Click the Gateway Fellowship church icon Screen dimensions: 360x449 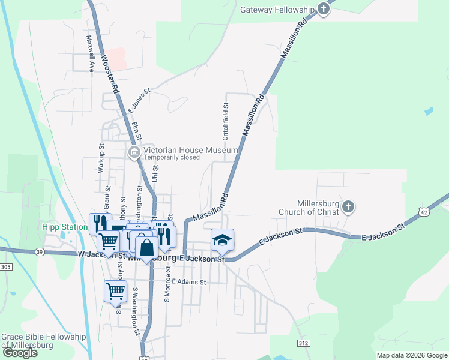click(324, 10)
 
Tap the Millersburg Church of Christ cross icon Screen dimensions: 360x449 click(348, 208)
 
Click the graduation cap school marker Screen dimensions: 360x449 click(222, 240)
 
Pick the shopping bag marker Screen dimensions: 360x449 click(146, 247)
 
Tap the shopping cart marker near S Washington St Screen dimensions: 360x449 click(115, 292)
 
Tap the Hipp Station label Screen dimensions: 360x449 click(64, 227)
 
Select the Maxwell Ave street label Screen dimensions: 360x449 click(90, 53)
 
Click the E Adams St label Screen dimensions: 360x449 click(188, 281)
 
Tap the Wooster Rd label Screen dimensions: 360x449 click(110, 74)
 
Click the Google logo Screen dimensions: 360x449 click(20, 353)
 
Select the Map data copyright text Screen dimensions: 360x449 click(412, 355)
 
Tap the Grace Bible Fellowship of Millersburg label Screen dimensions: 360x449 click(43, 341)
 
